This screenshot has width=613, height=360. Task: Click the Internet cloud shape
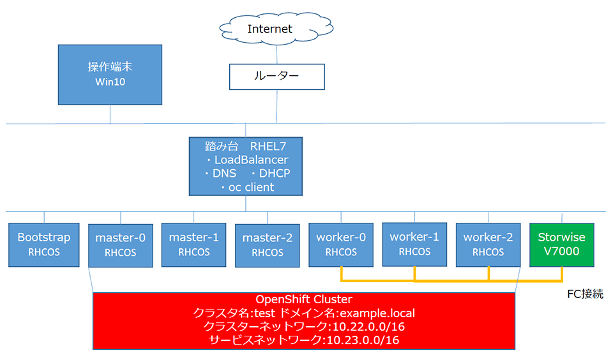pos(276,29)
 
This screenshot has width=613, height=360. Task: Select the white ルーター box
pos(276,77)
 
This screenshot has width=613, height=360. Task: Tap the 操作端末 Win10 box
pos(110,75)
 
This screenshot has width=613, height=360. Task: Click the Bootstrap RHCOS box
pos(44,245)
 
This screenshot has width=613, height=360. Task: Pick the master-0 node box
pos(121,246)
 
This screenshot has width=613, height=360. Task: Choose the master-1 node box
pos(194,245)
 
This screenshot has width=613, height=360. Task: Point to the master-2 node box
pos(268,246)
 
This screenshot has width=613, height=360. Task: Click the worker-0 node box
pos(341,245)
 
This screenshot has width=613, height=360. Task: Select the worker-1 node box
pos(414,244)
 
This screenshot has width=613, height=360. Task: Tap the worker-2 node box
pos(488,245)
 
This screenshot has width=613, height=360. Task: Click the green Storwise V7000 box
pos(562,245)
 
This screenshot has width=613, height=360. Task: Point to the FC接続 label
pos(586,294)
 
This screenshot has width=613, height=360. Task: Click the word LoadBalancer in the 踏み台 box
pos(251,160)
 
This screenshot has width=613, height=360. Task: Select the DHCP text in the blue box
pos(275,173)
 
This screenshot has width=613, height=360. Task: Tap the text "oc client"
pos(251,187)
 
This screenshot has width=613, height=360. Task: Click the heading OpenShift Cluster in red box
pos(304,299)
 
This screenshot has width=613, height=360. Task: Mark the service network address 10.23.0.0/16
pos(363,340)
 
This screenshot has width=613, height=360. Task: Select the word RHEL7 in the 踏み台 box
pos(268,147)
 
